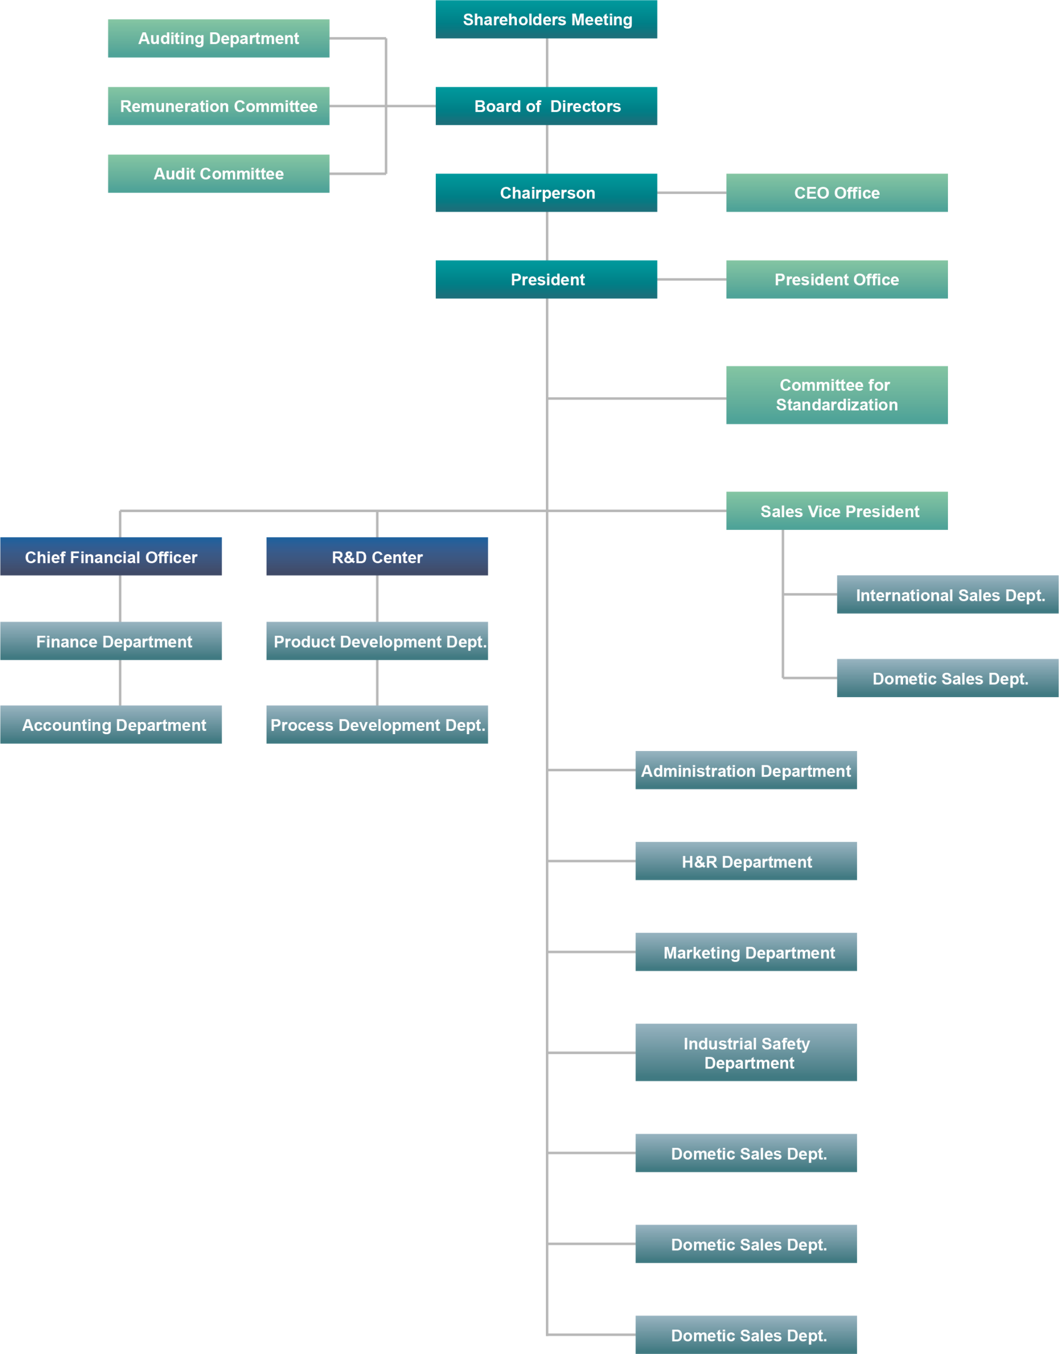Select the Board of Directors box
coord(546,106)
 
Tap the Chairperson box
coord(546,193)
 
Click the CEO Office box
coord(836,193)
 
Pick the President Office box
coord(836,280)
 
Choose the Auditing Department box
coord(218,39)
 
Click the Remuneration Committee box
coord(218,106)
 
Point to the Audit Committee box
coord(218,173)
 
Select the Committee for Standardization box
coord(836,395)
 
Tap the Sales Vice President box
coord(836,511)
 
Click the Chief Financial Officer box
coord(111,557)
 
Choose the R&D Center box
coord(377,557)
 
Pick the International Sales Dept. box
coord(947,594)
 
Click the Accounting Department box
coord(111,725)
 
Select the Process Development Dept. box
coord(377,725)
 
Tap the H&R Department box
coord(746,861)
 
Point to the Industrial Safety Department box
coord(746,1053)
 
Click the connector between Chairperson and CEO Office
coord(691,193)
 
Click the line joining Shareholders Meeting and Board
coord(547,62)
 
